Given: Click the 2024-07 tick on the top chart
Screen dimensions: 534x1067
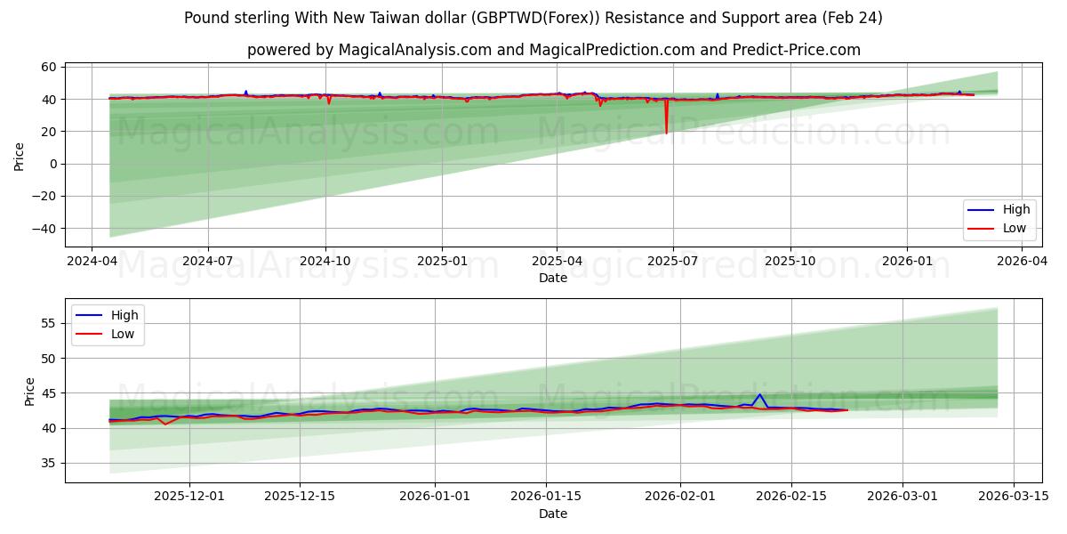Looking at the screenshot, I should coord(208,261).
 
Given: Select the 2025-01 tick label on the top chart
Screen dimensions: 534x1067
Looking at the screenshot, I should coord(441,261).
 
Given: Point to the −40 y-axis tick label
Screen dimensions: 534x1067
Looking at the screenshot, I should coord(43,229).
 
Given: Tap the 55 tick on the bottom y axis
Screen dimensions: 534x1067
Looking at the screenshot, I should coord(50,323).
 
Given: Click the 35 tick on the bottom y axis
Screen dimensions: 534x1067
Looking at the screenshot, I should coord(50,463).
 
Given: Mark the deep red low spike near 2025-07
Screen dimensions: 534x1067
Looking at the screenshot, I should coord(666,132).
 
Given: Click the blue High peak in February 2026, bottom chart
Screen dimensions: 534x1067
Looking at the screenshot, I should coord(759,394).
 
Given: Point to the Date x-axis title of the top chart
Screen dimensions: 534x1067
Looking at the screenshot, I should coord(553,278).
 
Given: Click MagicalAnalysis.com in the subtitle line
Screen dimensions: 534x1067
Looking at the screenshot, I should coord(415,50).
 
